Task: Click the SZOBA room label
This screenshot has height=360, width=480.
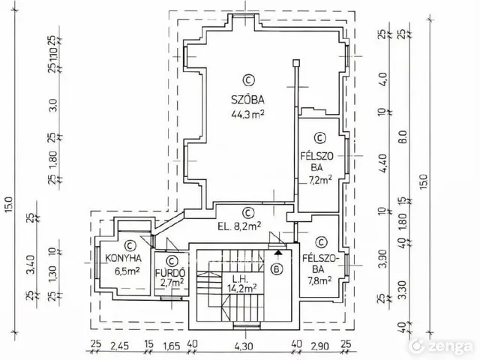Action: [247, 100]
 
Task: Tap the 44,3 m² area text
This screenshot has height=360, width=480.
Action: [247, 115]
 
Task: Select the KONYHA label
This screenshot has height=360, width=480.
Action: [123, 258]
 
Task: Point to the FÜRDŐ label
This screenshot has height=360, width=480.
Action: [170, 272]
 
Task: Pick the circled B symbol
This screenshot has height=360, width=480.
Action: [277, 269]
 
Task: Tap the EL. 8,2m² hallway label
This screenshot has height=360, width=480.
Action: [239, 226]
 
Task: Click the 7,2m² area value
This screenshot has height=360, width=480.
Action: [320, 180]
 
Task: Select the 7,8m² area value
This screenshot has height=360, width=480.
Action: [319, 280]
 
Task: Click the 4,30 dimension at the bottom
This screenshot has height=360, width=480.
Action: [244, 346]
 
